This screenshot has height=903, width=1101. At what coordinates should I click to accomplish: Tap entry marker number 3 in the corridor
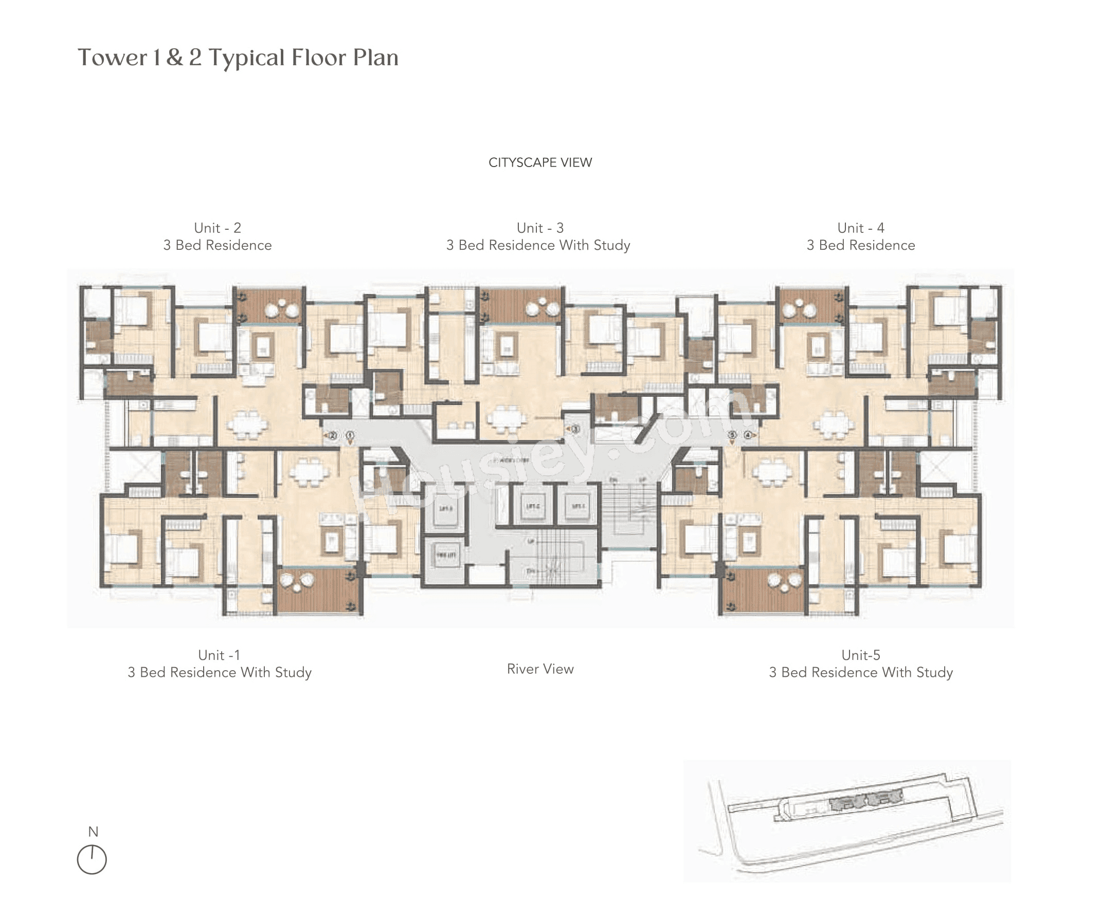pos(575,429)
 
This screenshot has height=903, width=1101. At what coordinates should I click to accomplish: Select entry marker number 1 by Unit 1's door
pos(350,435)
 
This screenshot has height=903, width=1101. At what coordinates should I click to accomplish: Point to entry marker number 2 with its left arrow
pos(332,435)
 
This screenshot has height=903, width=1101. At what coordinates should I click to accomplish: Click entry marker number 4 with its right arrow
pos(748,435)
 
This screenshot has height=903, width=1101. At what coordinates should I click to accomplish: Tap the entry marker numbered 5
pos(732,435)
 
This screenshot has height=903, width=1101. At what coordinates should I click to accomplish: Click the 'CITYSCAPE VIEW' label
pos(540,163)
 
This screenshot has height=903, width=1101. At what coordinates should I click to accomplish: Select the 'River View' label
pos(540,669)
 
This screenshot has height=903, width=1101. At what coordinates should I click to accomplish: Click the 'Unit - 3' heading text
pos(540,228)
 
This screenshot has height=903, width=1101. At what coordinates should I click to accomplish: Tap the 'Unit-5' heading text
pos(861,655)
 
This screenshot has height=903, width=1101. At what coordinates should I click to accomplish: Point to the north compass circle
pos(92,859)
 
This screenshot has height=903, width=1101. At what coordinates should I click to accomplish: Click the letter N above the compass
pos(93,831)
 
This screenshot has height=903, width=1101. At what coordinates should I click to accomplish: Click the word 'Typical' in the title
pos(247,58)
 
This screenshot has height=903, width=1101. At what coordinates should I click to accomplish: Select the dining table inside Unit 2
pos(248,426)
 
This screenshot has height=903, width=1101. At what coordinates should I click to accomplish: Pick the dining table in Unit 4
pos(833,426)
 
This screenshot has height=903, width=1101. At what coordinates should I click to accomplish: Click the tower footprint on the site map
pos(865,800)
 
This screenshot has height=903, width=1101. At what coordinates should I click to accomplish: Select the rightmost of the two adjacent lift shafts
pos(577,506)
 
